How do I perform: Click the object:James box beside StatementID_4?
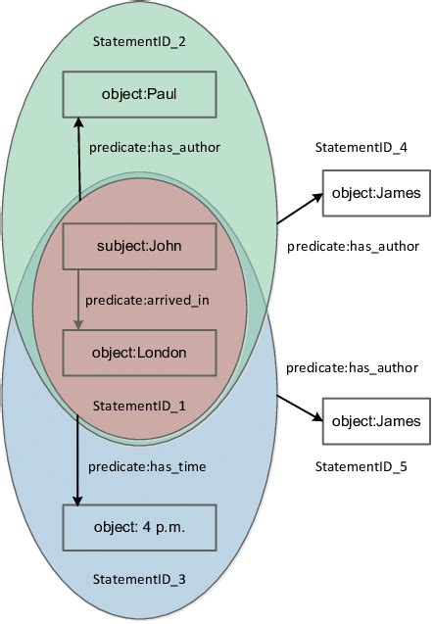[x=376, y=193]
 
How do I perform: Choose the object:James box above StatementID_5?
[x=376, y=421]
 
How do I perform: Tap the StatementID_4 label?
[x=362, y=147]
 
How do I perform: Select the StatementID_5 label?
[x=362, y=468]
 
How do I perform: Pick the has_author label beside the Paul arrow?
[x=155, y=147]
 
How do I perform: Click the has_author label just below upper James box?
[x=353, y=245]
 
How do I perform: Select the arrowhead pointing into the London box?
[x=77, y=324]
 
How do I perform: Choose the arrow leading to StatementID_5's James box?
[x=299, y=408]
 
